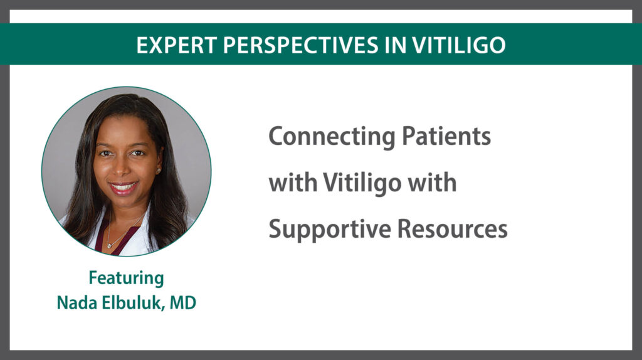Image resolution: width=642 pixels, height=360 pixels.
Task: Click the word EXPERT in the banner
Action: pos(176,45)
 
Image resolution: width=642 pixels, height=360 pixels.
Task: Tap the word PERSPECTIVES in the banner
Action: pos(301,45)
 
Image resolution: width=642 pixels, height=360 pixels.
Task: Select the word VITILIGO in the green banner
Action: pos(459,45)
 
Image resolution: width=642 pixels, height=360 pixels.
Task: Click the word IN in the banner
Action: pos(395,45)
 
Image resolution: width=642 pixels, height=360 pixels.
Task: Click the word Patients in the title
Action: pos(446,136)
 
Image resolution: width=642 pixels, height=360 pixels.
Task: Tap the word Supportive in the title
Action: pos(330,230)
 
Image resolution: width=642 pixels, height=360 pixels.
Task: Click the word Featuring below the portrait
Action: pos(127,278)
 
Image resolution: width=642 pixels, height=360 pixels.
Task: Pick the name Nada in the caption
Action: pos(76,303)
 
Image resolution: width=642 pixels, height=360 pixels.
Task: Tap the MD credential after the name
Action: pos(182,303)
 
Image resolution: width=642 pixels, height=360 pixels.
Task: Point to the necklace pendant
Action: pos(109,245)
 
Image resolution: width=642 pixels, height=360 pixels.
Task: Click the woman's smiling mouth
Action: pos(124,188)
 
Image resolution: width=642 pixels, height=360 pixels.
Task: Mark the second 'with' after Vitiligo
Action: pos(433,183)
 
